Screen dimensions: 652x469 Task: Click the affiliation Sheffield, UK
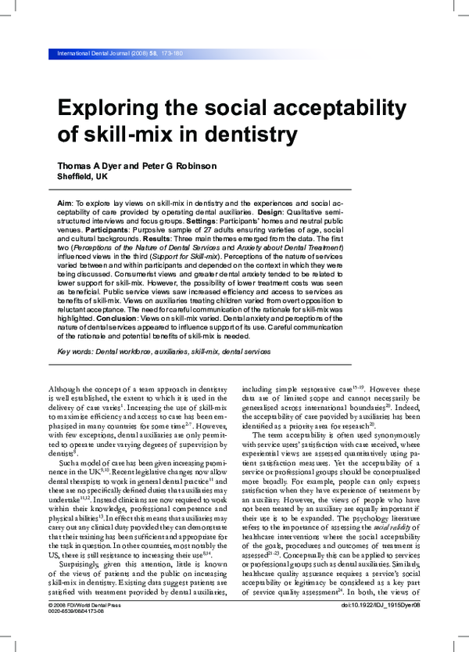point(84,177)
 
